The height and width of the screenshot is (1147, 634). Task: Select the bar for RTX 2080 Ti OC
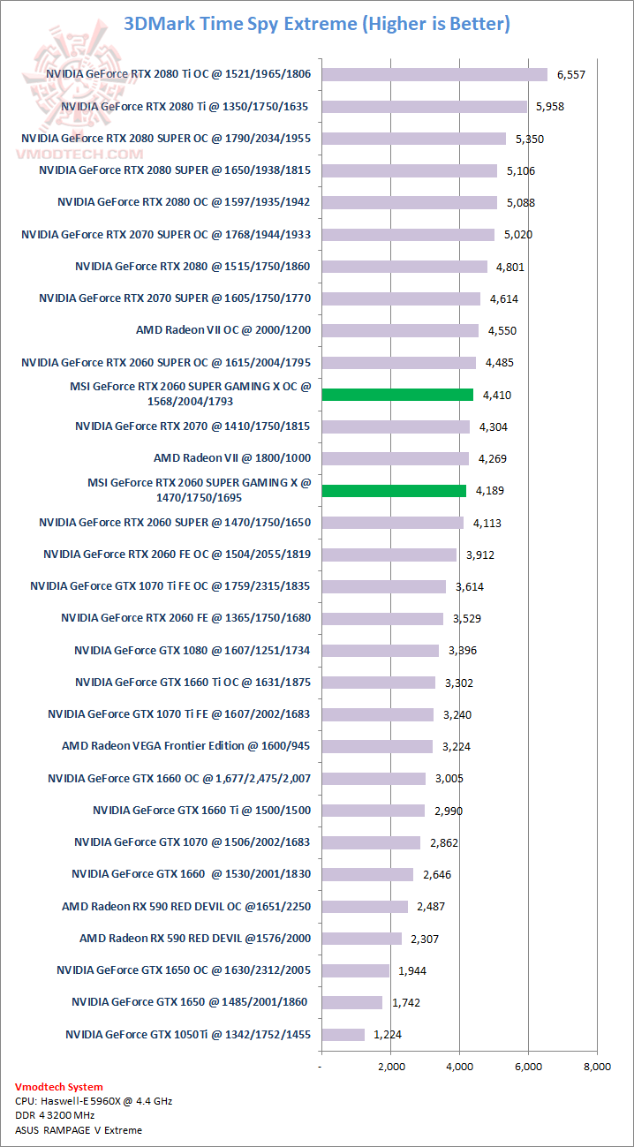click(x=434, y=74)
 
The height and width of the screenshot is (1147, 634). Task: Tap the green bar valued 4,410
click(x=397, y=395)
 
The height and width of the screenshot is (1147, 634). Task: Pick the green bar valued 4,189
click(x=394, y=490)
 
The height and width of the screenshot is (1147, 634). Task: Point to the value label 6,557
click(x=570, y=74)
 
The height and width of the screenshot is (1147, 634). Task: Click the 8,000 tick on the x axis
click(x=597, y=1066)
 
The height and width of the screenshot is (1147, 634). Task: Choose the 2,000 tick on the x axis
click(x=391, y=1066)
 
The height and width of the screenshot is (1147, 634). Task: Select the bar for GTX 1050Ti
click(x=343, y=1034)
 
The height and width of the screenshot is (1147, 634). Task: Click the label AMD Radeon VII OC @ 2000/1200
click(x=223, y=330)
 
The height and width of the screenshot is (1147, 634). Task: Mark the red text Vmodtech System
click(x=59, y=1087)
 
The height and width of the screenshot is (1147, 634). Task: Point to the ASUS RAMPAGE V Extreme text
click(x=79, y=1129)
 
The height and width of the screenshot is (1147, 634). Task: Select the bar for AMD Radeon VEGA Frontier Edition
click(x=377, y=746)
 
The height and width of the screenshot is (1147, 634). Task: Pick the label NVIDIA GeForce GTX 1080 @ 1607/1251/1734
click(x=192, y=650)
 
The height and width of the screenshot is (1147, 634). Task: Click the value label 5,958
click(x=548, y=106)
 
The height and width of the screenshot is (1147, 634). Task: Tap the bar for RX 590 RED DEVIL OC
click(x=365, y=906)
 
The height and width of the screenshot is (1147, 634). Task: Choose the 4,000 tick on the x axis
click(x=460, y=1066)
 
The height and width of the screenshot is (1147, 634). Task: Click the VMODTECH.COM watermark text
click(x=79, y=153)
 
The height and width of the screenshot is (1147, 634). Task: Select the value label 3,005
click(x=448, y=778)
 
